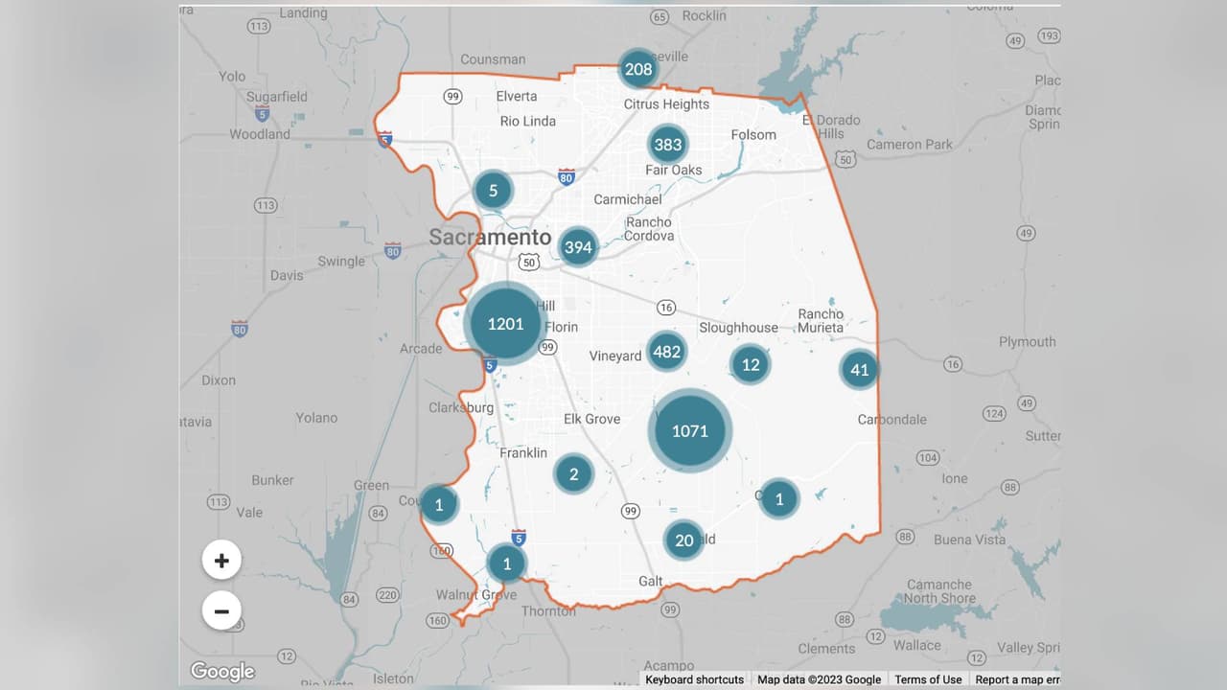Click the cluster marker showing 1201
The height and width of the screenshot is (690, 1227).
[x=505, y=324]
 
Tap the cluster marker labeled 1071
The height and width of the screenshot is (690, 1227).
[x=689, y=431]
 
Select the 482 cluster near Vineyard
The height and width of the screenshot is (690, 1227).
[x=666, y=352]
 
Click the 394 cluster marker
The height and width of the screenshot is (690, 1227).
[x=578, y=247]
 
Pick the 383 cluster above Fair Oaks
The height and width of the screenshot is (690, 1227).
[x=667, y=145]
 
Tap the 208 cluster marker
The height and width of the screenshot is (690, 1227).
[x=638, y=69]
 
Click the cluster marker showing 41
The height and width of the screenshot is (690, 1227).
[x=859, y=370]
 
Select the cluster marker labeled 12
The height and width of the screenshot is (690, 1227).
[x=750, y=364]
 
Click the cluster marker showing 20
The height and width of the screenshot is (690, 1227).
[x=683, y=540]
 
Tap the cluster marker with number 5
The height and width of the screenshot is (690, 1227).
[x=494, y=191]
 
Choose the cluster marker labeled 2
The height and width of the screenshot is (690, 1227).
[x=573, y=473]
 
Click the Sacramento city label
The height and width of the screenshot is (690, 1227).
[x=490, y=237]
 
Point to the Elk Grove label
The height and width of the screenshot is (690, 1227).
[x=591, y=419]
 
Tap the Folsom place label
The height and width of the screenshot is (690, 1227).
[x=753, y=134]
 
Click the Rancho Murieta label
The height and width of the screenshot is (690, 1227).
[x=821, y=320]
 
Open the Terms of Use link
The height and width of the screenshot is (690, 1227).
[x=928, y=679]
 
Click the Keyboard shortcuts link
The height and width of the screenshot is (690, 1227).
[x=694, y=679]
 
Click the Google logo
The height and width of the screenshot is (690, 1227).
[x=222, y=671]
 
